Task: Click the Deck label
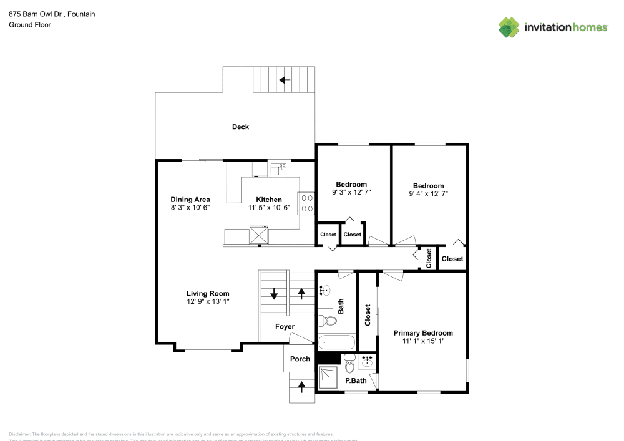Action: pyautogui.click(x=240, y=127)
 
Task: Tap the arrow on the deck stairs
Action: pyautogui.click(x=285, y=80)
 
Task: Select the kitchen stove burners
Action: pyautogui.click(x=306, y=203)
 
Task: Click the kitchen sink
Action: pyautogui.click(x=278, y=168)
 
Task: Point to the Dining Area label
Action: pyautogui.click(x=190, y=200)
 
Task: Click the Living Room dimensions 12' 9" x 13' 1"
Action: pyautogui.click(x=208, y=301)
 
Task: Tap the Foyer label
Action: pyautogui.click(x=285, y=326)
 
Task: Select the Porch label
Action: pyautogui.click(x=300, y=359)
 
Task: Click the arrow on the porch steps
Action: pyautogui.click(x=302, y=387)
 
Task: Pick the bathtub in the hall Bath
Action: pyautogui.click(x=336, y=342)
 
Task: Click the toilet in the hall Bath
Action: pyautogui.click(x=326, y=321)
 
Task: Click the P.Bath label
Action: pyautogui.click(x=356, y=380)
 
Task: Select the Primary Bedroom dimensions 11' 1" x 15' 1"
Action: pyautogui.click(x=422, y=341)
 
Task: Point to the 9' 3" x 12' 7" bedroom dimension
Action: pyautogui.click(x=351, y=192)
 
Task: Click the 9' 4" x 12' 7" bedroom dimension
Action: pyautogui.click(x=428, y=193)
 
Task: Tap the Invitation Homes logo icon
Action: pyautogui.click(x=509, y=27)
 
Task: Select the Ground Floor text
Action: pyautogui.click(x=29, y=25)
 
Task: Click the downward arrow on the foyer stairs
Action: pyautogui.click(x=274, y=293)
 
